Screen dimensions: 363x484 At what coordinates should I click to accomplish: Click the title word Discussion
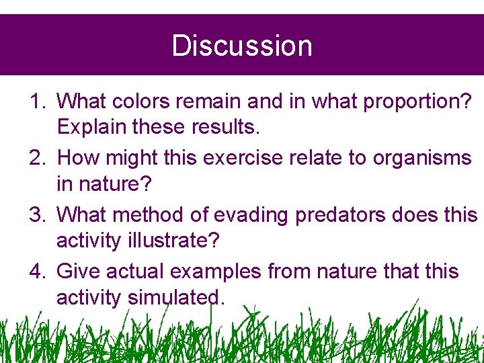click(242, 46)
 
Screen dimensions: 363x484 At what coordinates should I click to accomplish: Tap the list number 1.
click(38, 102)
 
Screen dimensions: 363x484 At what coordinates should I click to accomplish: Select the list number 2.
click(38, 158)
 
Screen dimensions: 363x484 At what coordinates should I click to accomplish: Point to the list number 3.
click(38, 215)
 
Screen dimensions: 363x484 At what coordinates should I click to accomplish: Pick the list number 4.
click(38, 272)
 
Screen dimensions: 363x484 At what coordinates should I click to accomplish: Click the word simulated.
click(175, 297)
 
